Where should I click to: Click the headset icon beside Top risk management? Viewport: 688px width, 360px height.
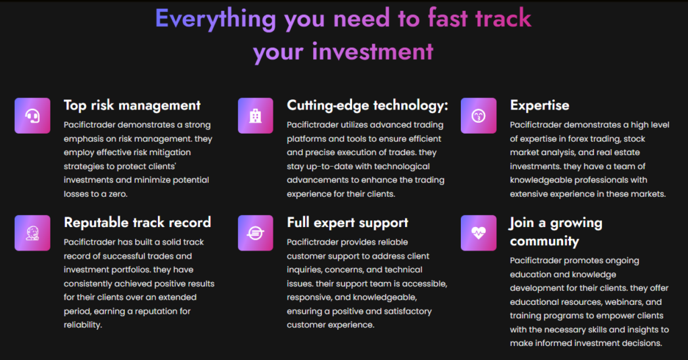(x=32, y=116)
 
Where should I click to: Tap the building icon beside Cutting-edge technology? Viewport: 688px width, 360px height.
(x=255, y=116)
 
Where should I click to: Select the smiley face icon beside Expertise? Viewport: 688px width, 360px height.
(x=478, y=116)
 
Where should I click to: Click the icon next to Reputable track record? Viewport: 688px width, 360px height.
(x=32, y=233)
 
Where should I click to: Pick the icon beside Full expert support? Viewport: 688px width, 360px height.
(x=255, y=233)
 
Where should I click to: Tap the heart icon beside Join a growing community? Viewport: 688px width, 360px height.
(x=478, y=233)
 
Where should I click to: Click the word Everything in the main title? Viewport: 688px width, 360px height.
(x=216, y=19)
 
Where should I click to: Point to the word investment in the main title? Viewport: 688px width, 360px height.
(x=373, y=52)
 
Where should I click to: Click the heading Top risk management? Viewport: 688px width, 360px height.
(x=132, y=105)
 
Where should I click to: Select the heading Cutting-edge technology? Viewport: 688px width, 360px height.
(x=368, y=105)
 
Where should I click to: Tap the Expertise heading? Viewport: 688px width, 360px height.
(x=540, y=105)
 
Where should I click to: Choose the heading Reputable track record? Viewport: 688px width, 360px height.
(x=137, y=222)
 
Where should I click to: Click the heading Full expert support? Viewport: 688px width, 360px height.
(x=347, y=223)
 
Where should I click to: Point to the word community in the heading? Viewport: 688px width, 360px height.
(x=544, y=241)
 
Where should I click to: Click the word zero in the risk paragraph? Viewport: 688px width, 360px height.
(x=118, y=194)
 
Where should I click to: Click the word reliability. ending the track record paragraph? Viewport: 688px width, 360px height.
(x=83, y=325)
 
